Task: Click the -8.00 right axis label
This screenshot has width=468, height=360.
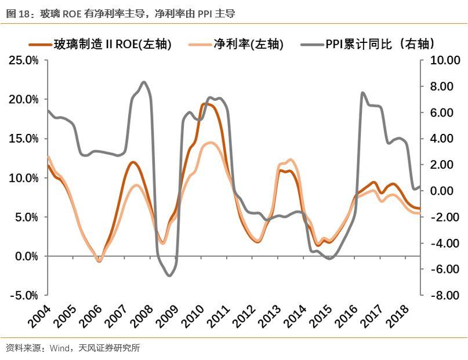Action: [444, 295]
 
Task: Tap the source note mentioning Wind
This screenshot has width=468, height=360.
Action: [72, 348]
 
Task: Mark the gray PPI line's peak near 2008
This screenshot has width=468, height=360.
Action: [144, 82]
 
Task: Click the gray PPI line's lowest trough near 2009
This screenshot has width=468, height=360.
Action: [169, 275]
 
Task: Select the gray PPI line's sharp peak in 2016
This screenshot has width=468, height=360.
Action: [362, 93]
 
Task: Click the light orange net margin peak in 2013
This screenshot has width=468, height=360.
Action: [290, 160]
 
